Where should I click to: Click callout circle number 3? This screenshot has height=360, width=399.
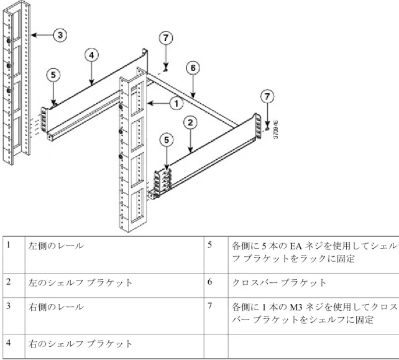click(x=60, y=35)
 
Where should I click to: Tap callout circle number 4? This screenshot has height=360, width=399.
click(x=91, y=55)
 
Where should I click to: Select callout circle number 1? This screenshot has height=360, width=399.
click(x=177, y=103)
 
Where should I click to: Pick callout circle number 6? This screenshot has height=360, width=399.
click(x=193, y=68)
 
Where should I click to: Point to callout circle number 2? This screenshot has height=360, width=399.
click(x=190, y=122)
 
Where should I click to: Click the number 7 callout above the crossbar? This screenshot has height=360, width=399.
click(x=166, y=38)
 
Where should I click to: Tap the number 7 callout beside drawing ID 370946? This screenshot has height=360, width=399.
click(x=267, y=96)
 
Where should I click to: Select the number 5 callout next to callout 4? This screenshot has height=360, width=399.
click(x=53, y=75)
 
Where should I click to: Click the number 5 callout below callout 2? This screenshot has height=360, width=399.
click(x=167, y=140)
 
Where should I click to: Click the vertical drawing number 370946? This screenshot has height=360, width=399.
click(x=276, y=129)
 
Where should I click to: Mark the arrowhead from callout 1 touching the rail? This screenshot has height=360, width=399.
click(x=150, y=103)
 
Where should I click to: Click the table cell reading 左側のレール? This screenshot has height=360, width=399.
click(x=56, y=246)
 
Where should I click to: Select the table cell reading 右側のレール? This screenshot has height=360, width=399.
click(x=56, y=307)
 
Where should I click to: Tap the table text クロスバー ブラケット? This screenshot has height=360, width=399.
click(x=279, y=283)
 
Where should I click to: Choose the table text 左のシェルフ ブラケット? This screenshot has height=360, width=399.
click(x=80, y=283)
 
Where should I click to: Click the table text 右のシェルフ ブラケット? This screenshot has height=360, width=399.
click(x=80, y=344)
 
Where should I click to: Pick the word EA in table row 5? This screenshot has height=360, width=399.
click(x=296, y=246)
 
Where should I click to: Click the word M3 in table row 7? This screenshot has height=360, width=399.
click(x=296, y=307)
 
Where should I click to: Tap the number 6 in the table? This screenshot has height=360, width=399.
click(x=209, y=282)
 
